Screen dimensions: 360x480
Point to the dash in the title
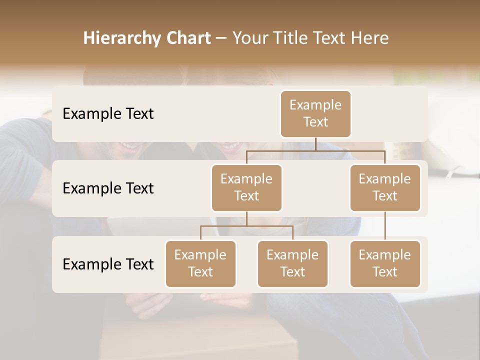[x=221, y=38]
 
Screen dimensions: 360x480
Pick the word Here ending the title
[x=369, y=38]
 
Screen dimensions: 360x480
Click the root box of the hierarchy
[x=315, y=114]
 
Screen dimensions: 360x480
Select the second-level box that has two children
[x=246, y=188]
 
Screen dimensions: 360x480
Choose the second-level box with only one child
[x=385, y=188]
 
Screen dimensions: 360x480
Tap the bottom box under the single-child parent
[x=385, y=264]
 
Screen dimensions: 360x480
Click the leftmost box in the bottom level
[x=200, y=264]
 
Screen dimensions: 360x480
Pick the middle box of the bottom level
[x=292, y=264]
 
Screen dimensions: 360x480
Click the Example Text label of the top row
[x=108, y=114]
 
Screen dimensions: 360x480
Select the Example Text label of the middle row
[x=108, y=188]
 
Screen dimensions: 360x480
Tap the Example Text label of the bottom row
[x=108, y=264]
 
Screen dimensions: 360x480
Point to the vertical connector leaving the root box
[x=315, y=144]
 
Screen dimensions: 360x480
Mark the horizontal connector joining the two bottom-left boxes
[x=246, y=226]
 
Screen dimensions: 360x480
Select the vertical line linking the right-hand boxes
[x=385, y=226]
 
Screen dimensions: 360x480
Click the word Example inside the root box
[x=315, y=105]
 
